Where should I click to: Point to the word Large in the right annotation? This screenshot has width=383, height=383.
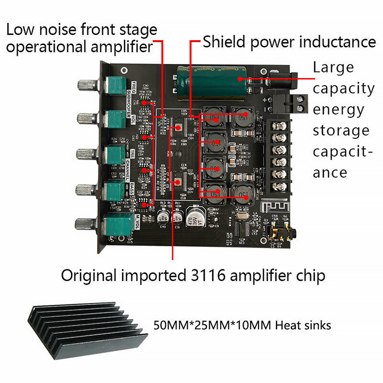[x=333, y=68]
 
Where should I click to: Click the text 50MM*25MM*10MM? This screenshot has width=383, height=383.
[x=209, y=326]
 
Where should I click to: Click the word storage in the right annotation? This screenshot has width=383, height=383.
[x=341, y=131]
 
